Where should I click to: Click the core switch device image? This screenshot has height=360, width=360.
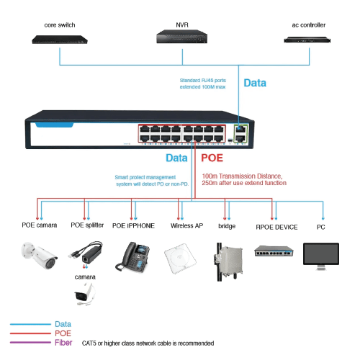pyautogui.click(x=60, y=40)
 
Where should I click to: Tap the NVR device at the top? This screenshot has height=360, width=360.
pyautogui.click(x=182, y=37)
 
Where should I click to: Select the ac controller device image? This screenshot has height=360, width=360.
pyautogui.click(x=307, y=40)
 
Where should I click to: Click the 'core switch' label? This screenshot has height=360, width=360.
pyautogui.click(x=60, y=25)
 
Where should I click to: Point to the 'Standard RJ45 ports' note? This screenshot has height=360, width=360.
pyautogui.click(x=203, y=80)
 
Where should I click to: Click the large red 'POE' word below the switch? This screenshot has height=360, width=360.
pyautogui.click(x=212, y=158)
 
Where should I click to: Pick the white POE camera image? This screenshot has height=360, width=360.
pyautogui.click(x=40, y=256)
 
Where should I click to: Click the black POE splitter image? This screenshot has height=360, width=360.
pyautogui.click(x=86, y=253)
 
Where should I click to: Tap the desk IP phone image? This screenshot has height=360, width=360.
pyautogui.click(x=132, y=257)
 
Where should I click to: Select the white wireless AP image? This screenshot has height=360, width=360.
pyautogui.click(x=180, y=258)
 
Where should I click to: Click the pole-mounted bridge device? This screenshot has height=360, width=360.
pyautogui.click(x=228, y=262)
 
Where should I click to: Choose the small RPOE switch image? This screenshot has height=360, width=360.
pyautogui.click(x=274, y=251)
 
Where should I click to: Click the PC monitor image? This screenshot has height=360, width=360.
pyautogui.click(x=321, y=256)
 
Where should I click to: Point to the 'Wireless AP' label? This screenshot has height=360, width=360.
pyautogui.click(x=186, y=226)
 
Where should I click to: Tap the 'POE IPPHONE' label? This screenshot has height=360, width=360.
pyautogui.click(x=133, y=226)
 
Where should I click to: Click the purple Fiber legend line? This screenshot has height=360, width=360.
pyautogui.click(x=30, y=343)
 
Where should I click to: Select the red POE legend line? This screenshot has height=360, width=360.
pyautogui.click(x=30, y=333)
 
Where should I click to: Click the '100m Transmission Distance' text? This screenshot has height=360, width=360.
pyautogui.click(x=242, y=176)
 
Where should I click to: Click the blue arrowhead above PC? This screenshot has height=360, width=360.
pyautogui.click(x=323, y=219)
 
